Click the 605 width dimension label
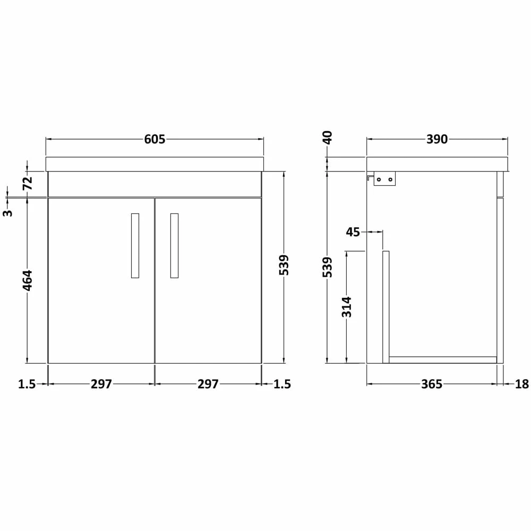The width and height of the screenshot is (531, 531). (x=155, y=139)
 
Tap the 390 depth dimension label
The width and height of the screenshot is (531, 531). (x=437, y=139)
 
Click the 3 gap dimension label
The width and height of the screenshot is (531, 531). (x=7, y=213)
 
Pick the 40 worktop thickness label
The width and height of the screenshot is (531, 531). (x=328, y=138)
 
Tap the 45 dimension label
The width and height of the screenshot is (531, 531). (x=353, y=232)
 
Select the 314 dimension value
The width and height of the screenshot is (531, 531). (x=347, y=307)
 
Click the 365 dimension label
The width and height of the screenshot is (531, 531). (x=432, y=384)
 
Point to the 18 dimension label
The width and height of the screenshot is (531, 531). (x=522, y=384)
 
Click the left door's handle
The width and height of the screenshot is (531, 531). (x=135, y=245)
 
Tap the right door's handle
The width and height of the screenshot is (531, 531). (x=174, y=245)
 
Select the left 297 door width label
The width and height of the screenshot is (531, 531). (x=101, y=384)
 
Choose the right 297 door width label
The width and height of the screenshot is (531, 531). (x=208, y=384)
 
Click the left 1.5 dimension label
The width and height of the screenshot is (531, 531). (x=27, y=384)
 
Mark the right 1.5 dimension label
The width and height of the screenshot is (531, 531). (x=282, y=384)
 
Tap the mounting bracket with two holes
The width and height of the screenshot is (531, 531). (x=385, y=179)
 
